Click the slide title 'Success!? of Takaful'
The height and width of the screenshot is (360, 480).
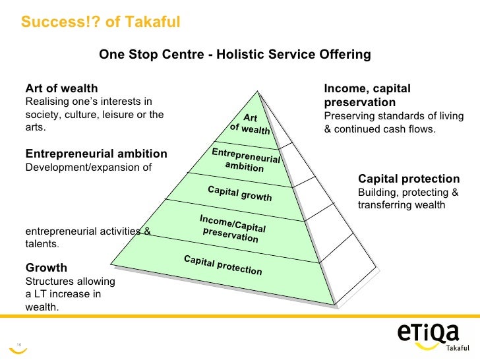point(100,22)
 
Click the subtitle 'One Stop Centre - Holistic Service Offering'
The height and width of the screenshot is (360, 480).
point(235,54)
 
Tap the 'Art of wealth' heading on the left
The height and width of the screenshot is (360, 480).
point(61,88)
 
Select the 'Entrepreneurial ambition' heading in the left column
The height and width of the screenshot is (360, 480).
point(96,154)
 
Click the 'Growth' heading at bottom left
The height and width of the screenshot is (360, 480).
point(46,268)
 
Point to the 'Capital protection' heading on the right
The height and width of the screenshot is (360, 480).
point(408,179)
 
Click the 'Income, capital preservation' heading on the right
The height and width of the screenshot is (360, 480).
point(367,96)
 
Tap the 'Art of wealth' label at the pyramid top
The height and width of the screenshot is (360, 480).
point(250,123)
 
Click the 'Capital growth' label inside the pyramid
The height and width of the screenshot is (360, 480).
point(239,194)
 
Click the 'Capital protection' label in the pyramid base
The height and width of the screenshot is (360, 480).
point(222,265)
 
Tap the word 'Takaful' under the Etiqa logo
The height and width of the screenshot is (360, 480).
point(460,347)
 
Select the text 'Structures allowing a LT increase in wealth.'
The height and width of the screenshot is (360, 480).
point(70,294)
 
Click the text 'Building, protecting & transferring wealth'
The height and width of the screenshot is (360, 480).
point(407,198)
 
